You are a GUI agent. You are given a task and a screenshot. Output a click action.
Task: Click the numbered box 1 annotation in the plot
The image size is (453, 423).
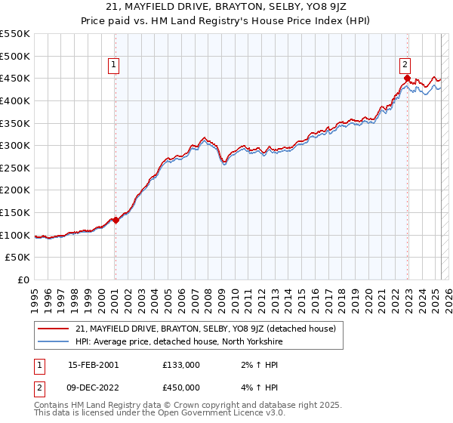click(113, 66)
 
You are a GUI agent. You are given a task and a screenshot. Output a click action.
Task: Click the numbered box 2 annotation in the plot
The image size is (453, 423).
click(405, 65)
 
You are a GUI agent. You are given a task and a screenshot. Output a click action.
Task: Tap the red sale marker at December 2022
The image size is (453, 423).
click(407, 78)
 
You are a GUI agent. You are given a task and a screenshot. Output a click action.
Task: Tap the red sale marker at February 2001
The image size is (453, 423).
click(116, 221)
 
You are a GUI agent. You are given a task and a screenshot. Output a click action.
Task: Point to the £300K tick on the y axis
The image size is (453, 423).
click(16, 145)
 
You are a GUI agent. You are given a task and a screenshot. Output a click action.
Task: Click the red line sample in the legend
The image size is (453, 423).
click(54, 329)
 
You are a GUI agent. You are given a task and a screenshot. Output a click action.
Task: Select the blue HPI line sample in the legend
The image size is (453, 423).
click(54, 341)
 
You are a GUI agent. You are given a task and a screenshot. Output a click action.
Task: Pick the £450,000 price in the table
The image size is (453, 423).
click(181, 388)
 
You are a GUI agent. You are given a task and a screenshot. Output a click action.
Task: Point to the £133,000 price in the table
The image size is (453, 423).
click(181, 365)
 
